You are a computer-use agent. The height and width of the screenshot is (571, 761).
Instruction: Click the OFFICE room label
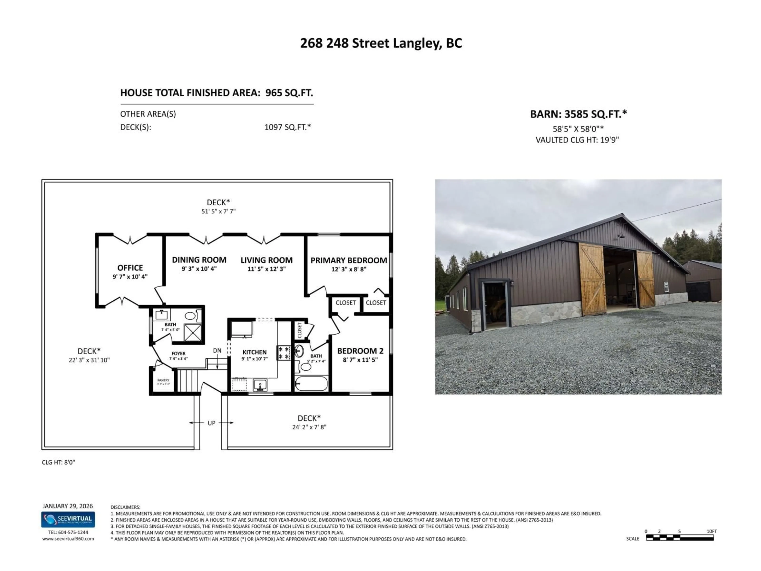click(x=130, y=268)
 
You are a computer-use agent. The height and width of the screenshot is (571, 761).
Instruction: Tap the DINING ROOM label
click(x=199, y=260)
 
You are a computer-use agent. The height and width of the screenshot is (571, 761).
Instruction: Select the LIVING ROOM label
click(x=267, y=260)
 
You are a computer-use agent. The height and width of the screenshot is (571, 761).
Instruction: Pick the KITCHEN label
click(x=255, y=352)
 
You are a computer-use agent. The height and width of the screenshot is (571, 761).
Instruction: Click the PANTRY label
click(x=163, y=380)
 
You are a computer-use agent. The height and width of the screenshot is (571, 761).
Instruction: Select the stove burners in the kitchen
click(x=284, y=353)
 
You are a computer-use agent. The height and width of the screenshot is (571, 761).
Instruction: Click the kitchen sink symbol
click(x=260, y=384)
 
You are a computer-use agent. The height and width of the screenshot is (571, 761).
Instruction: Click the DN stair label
click(x=217, y=350)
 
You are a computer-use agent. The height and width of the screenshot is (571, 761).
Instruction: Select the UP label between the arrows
click(x=212, y=423)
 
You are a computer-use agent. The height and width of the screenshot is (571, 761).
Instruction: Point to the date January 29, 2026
click(x=68, y=506)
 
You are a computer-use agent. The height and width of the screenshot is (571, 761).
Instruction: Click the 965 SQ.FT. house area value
click(x=289, y=93)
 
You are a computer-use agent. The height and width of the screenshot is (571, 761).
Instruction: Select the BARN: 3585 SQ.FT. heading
click(x=578, y=114)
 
